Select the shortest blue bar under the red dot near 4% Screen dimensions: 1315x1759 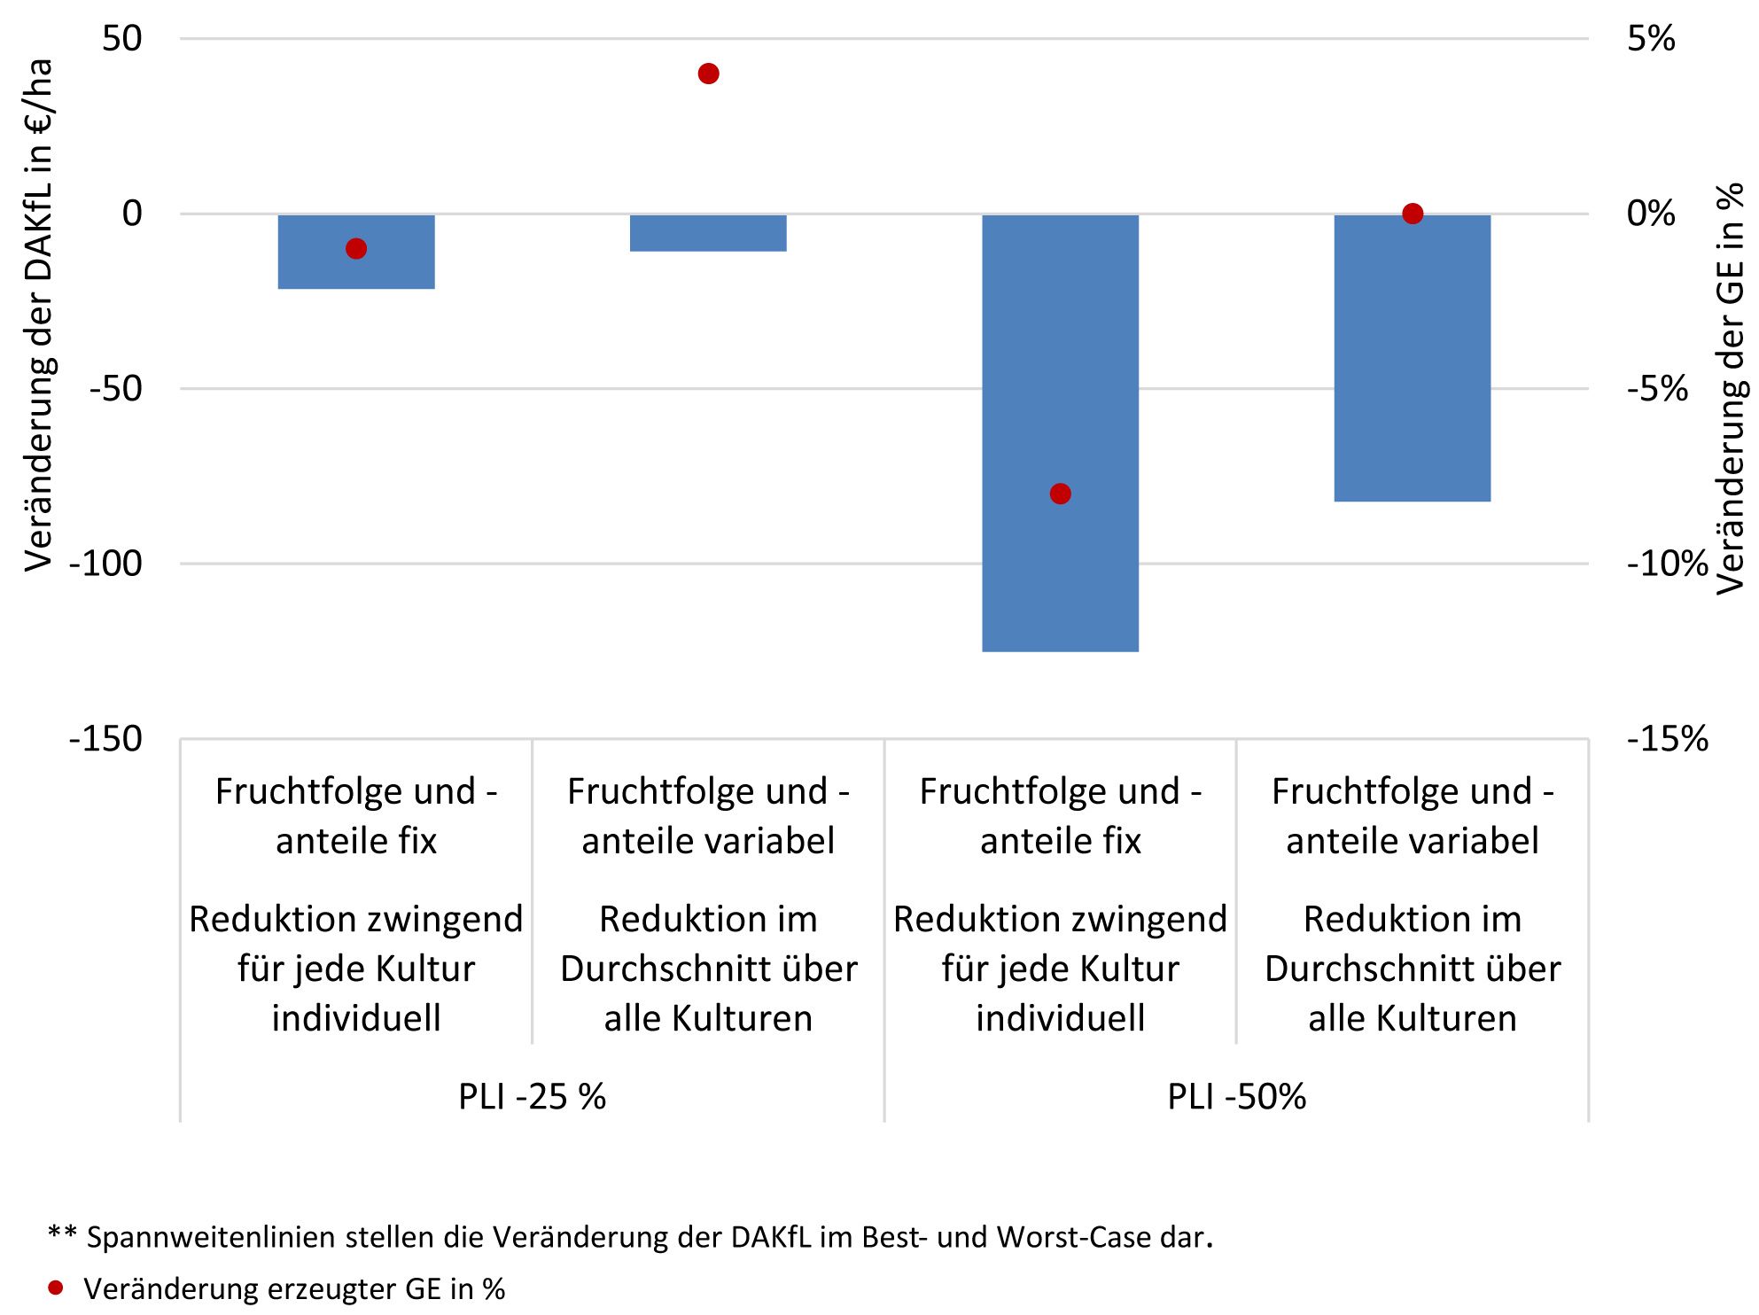pyautogui.click(x=708, y=233)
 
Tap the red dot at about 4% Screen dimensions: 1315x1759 pyautogui.click(x=708, y=74)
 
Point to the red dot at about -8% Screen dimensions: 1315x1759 pyautogui.click(x=1060, y=494)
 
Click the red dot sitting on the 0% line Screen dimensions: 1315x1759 pyautogui.click(x=1413, y=214)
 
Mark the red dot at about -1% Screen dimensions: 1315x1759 pyautogui.click(x=356, y=249)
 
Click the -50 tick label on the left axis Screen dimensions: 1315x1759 pyautogui.click(x=115, y=388)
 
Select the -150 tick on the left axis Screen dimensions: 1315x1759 pyautogui.click(x=105, y=738)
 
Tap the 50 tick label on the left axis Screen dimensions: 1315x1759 pyautogui.click(x=121, y=39)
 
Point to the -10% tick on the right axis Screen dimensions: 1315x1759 pyautogui.click(x=1667, y=564)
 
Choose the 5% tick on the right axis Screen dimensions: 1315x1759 pyautogui.click(x=1651, y=39)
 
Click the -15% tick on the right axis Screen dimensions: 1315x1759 pyautogui.click(x=1667, y=738)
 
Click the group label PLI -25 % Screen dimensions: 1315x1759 pyautogui.click(x=532, y=1097)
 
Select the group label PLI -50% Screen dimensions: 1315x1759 pyautogui.click(x=1236, y=1097)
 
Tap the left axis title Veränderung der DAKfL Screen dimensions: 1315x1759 pyautogui.click(x=39, y=315)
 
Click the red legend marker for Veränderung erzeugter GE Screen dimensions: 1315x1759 pyautogui.click(x=56, y=1288)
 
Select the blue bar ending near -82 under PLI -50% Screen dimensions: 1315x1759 pyautogui.click(x=1413, y=358)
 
